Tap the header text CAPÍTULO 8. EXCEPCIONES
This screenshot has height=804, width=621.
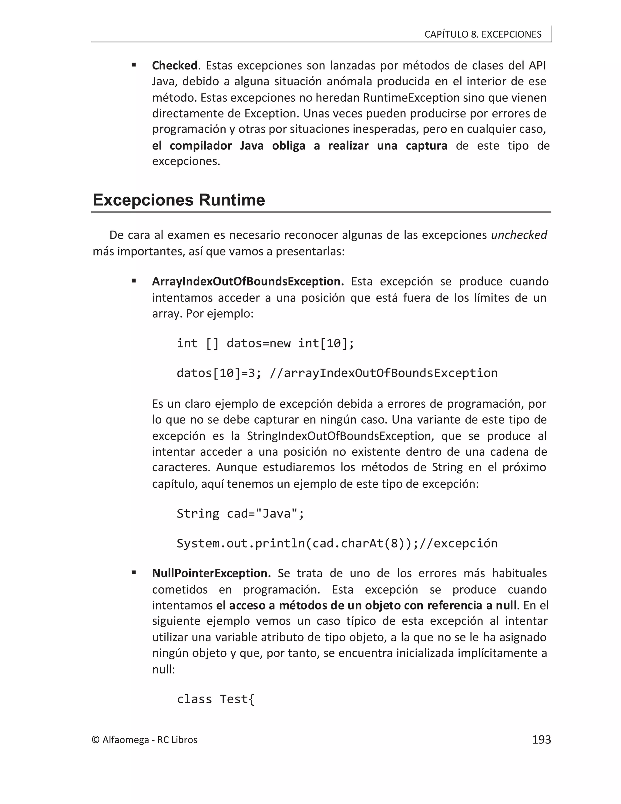click(x=483, y=34)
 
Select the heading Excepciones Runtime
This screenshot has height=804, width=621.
click(x=179, y=200)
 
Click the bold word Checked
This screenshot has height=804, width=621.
click(x=175, y=66)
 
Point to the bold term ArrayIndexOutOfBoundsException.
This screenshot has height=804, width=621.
click(x=248, y=281)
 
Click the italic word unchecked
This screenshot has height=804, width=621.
click(x=519, y=235)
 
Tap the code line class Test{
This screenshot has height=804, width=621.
click(x=216, y=699)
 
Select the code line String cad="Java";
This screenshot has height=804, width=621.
click(x=240, y=513)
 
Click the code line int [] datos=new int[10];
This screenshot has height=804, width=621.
click(x=265, y=343)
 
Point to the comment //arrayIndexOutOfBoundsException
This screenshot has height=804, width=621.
click(x=383, y=373)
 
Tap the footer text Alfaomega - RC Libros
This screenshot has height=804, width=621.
click(x=150, y=740)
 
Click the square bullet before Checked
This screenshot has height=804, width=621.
click(x=134, y=65)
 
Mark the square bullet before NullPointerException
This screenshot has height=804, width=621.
click(x=134, y=573)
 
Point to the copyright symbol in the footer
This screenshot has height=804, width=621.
click(x=96, y=740)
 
